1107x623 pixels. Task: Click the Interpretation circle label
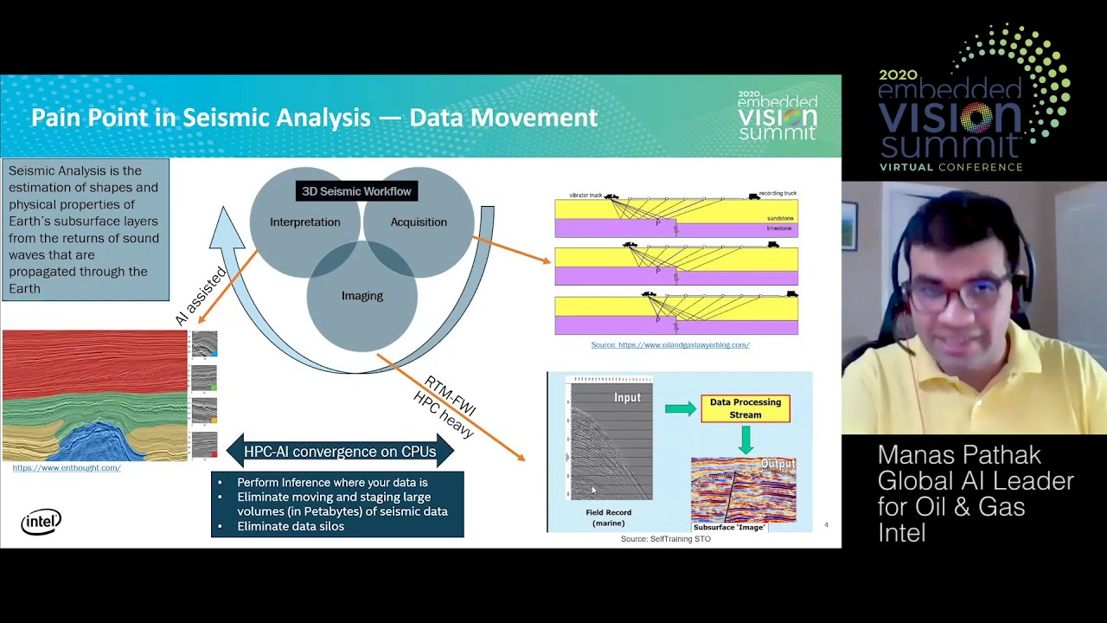tap(304, 222)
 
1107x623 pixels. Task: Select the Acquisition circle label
tap(419, 222)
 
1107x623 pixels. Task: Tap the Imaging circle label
tap(362, 296)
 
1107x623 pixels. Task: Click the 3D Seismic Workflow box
tap(356, 191)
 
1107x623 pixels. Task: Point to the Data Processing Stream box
tap(745, 408)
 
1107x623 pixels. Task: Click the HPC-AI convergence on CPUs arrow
tap(339, 451)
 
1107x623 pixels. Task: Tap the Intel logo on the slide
tap(41, 522)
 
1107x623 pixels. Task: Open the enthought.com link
tap(67, 468)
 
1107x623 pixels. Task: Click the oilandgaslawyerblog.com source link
tap(669, 344)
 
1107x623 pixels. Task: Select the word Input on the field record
tap(627, 398)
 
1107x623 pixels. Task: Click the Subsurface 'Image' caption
tap(729, 527)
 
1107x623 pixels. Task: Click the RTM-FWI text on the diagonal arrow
tap(451, 395)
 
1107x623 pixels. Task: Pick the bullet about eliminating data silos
tap(291, 526)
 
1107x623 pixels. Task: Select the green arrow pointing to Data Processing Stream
tap(681, 408)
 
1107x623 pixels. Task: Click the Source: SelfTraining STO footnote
tap(665, 539)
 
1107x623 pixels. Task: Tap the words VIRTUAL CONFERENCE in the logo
tap(950, 167)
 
